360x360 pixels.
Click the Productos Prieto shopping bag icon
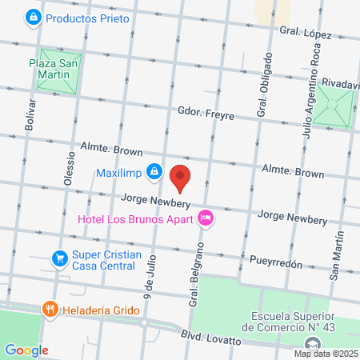[x=33, y=16]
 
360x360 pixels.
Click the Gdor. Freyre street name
[x=206, y=114]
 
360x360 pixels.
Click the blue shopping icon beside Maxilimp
[x=156, y=173]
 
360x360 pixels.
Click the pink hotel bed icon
[x=206, y=217]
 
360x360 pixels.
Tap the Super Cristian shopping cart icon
[x=58, y=258]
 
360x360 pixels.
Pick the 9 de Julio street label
[x=149, y=272]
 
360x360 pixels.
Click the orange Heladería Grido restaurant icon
[x=50, y=308]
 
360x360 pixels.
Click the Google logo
[x=26, y=350]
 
